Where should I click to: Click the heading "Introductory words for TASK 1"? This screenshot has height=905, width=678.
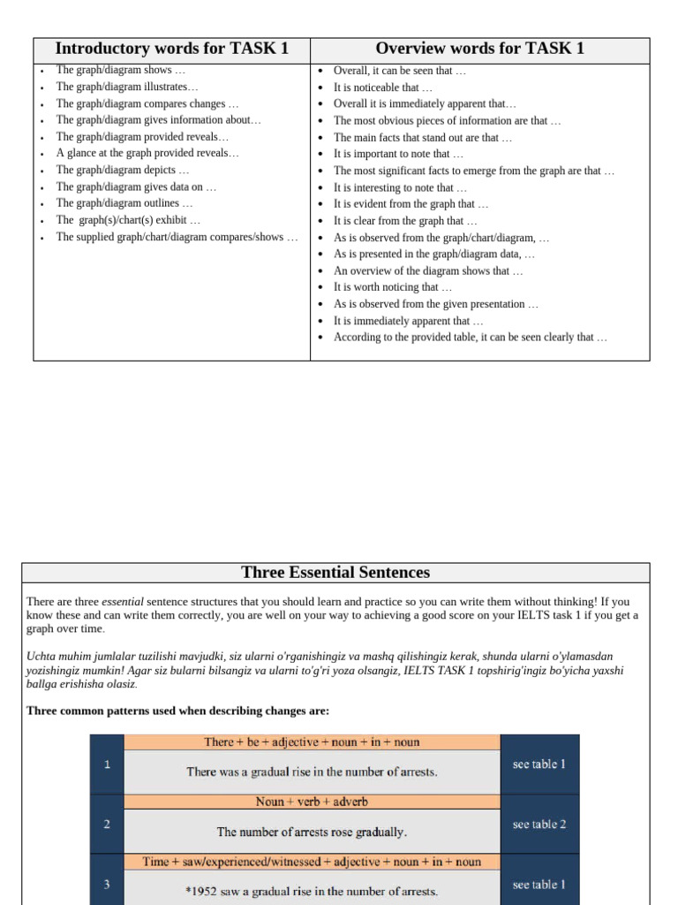171,49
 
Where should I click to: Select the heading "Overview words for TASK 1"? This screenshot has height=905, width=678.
479,49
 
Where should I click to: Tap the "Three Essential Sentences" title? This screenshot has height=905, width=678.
335,572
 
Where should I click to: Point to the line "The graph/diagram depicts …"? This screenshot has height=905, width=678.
123,170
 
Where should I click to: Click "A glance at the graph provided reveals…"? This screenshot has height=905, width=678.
147,153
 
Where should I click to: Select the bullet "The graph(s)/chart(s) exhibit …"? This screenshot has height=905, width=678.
128,220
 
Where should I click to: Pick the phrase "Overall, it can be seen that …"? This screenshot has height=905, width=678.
400,71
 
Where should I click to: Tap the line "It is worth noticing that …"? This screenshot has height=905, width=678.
393,287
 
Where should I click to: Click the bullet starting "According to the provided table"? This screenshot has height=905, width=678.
470,338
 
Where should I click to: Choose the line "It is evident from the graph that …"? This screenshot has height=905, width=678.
411,204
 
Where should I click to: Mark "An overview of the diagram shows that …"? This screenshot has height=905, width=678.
428,271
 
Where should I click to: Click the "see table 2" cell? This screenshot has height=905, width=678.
539,825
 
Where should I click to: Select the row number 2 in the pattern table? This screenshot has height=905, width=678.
107,825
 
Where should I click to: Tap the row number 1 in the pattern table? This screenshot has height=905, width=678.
107,764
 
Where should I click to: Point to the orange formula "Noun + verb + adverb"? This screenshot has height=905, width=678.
312,802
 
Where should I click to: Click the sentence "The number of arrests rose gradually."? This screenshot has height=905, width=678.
312,832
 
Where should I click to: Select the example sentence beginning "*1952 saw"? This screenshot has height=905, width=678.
312,891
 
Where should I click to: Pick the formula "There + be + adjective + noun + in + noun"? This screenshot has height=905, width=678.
312,742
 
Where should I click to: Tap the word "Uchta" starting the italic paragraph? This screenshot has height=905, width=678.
41,657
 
